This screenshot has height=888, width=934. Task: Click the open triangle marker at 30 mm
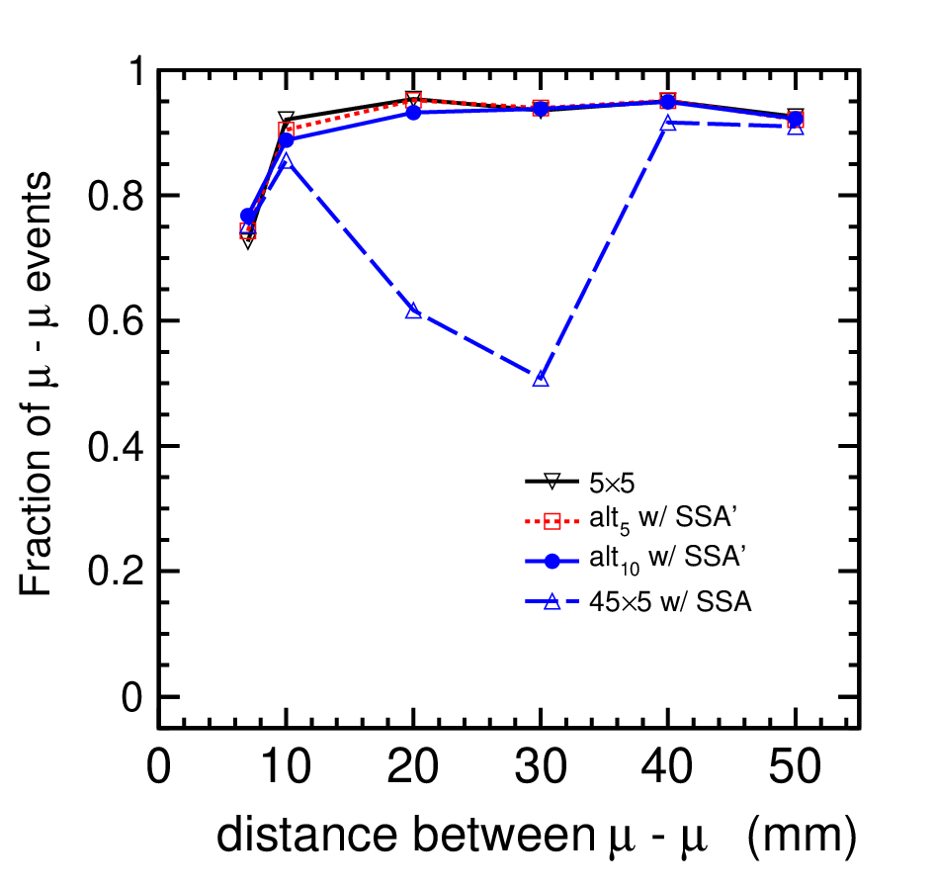541,379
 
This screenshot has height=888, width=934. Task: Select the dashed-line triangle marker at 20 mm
413,311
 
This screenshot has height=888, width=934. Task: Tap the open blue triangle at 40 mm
668,123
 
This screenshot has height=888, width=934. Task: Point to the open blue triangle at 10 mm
287,160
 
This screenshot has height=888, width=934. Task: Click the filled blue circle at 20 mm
413,112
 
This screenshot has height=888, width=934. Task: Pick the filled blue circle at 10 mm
287,140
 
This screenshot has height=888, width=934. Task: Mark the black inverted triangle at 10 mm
287,118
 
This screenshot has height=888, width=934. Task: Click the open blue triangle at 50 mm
796,127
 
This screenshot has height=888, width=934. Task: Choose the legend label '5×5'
613,484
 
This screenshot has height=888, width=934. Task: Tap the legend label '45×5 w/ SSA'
670,602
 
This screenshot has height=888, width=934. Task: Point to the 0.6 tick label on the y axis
116,321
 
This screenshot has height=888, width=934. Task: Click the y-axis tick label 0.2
116,572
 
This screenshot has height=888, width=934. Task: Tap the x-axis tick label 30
541,767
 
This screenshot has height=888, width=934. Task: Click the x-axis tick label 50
796,767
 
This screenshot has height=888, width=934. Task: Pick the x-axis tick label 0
158,767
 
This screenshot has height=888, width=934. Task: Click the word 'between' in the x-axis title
502,836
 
